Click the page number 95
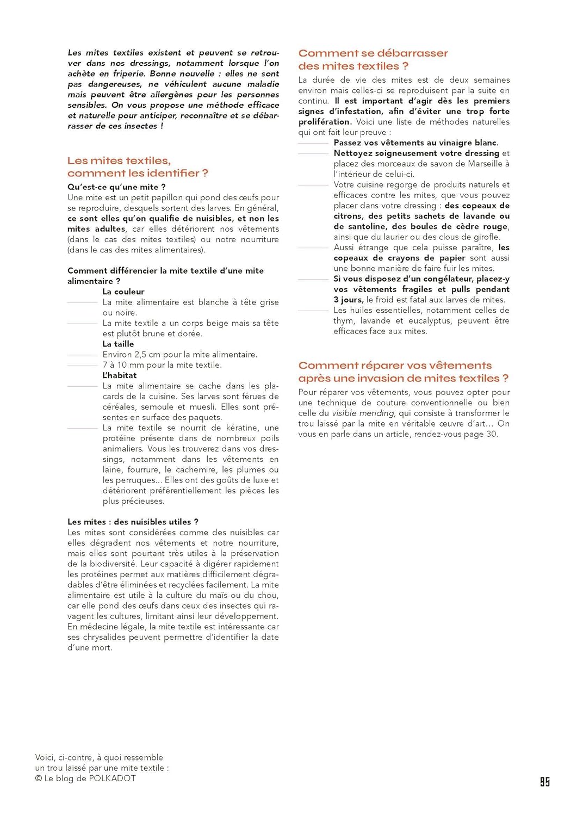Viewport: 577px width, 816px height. pos(544,782)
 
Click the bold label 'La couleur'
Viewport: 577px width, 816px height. pos(123,292)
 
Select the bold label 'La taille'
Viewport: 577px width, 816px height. pos(118,344)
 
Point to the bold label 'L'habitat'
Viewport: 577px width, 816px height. pos(120,375)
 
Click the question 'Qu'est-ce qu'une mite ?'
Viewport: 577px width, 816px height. pos(116,187)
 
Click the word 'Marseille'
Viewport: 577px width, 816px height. pos(481,164)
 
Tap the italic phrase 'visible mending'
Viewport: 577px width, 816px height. pos(363,413)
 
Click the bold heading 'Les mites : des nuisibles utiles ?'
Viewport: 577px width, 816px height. pos(133,522)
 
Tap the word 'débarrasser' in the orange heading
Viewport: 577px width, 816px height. pos(412,53)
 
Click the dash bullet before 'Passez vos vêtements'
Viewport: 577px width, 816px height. pos(313,143)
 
